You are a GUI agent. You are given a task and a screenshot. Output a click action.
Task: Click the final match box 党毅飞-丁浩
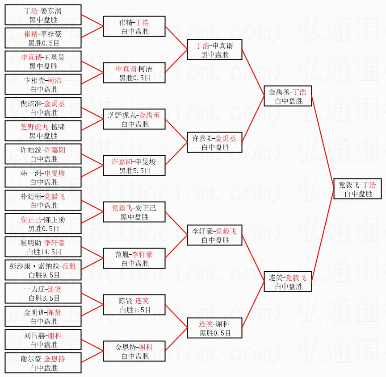click(357, 189)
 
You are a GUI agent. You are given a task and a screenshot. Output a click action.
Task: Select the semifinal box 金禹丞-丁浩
click(287, 96)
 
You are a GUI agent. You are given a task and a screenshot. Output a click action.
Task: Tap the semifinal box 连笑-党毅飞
click(287, 282)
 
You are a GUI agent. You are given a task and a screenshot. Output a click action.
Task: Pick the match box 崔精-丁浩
click(134, 27)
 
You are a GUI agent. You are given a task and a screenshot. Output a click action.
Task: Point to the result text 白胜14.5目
click(44, 252)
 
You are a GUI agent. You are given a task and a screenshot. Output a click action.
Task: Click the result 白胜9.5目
click(44, 275)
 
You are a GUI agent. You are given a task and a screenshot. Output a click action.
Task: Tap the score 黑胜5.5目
click(134, 170)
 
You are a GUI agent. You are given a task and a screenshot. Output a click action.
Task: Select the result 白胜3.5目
click(44, 298)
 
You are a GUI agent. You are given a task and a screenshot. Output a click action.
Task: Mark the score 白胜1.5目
click(134, 310)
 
